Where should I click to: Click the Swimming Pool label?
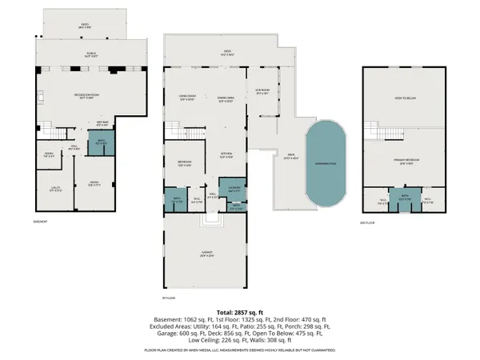[326, 161]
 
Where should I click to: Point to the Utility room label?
[45, 190]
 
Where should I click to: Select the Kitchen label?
[226, 155]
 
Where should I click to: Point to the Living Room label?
[187, 99]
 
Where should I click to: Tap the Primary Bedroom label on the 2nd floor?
[407, 161]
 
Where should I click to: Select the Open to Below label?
[408, 99]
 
